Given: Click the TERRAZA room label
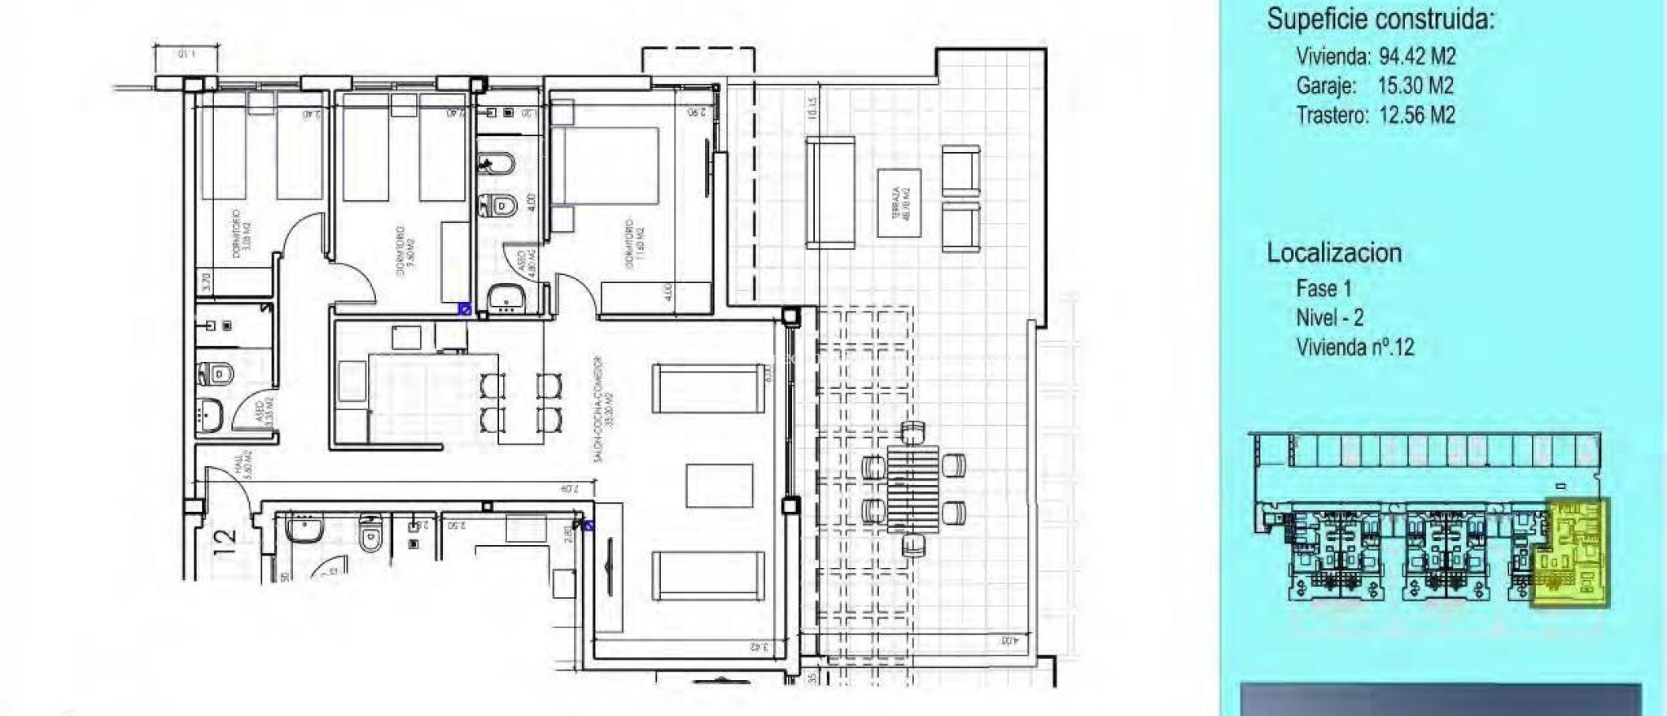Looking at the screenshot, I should (x=899, y=203).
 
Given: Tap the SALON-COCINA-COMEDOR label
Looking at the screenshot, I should (x=602, y=408).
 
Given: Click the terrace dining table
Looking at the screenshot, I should (x=912, y=488).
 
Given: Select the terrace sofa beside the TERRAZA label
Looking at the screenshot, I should (x=830, y=192).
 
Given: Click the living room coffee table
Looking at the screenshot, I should (x=720, y=485).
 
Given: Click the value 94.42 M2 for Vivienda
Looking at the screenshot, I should (x=1417, y=57).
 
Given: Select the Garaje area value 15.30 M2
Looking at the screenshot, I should (x=1415, y=86).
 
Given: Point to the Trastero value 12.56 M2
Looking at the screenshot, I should (x=1416, y=116).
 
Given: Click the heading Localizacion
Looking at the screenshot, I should (x=1333, y=253).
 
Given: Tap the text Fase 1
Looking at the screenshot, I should (x=1324, y=288).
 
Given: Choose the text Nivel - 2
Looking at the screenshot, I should (x=1329, y=317).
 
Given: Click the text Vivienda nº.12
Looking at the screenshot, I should (x=1354, y=347).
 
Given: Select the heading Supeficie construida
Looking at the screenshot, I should (x=1380, y=19).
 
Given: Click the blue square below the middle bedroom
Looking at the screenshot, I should (x=465, y=308).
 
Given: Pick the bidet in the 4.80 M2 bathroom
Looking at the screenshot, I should (x=496, y=166).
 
